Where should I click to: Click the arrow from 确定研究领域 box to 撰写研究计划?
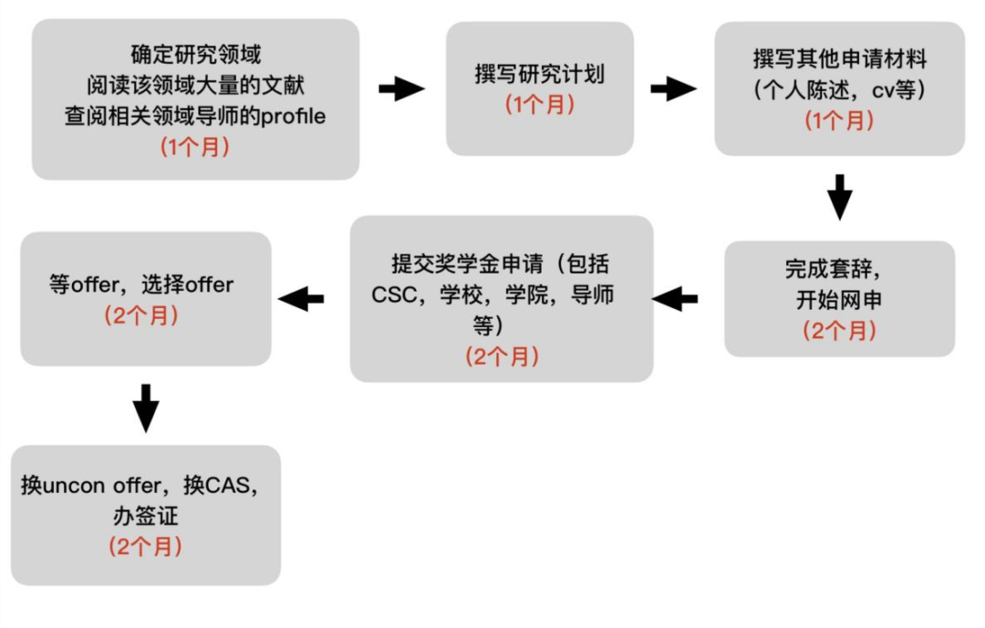pyautogui.click(x=402, y=89)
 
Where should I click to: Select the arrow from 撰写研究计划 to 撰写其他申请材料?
pyautogui.click(x=673, y=89)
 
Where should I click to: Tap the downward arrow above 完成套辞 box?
pyautogui.click(x=839, y=196)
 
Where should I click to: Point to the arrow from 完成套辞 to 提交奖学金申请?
pyautogui.click(x=675, y=298)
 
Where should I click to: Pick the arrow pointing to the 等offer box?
pyautogui.click(x=302, y=298)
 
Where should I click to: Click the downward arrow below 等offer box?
pyautogui.click(x=145, y=407)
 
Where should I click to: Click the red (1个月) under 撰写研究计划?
pyautogui.click(x=540, y=104)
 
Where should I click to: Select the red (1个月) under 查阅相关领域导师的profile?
pyautogui.click(x=195, y=146)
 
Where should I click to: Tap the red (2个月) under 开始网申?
pyautogui.click(x=839, y=330)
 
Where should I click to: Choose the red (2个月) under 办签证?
pyautogui.click(x=146, y=547)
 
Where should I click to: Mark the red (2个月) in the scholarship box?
pyautogui.click(x=503, y=355)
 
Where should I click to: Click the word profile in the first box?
pyautogui.click(x=294, y=117)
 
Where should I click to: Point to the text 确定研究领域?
pyautogui.click(x=196, y=56)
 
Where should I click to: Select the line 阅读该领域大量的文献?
pyautogui.click(x=196, y=86)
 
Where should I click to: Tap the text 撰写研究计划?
pyautogui.click(x=540, y=74)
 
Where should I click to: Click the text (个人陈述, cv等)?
pyautogui.click(x=839, y=90)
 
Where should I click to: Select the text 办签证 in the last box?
pyautogui.click(x=146, y=516)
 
